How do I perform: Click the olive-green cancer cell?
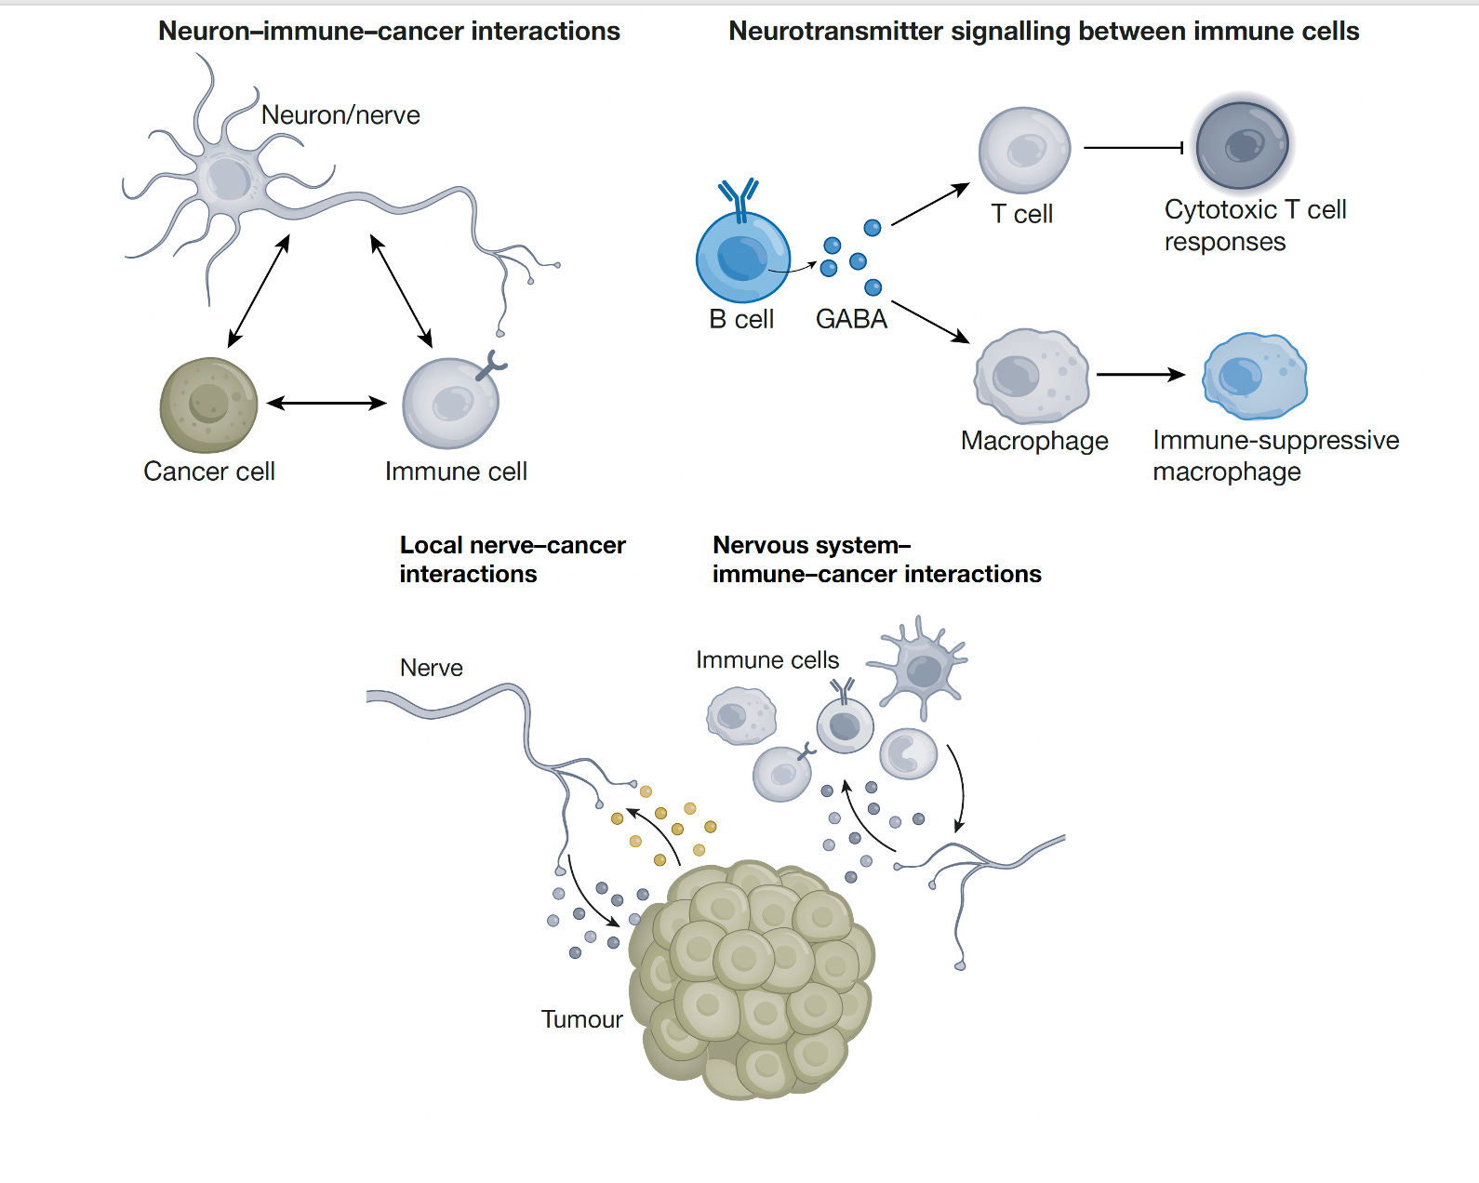pyautogui.click(x=208, y=405)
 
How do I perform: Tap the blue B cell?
pyautogui.click(x=742, y=258)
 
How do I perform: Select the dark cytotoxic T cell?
pyautogui.click(x=1242, y=146)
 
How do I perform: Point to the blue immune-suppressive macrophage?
pyautogui.click(x=1254, y=376)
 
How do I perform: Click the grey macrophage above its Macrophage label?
pyautogui.click(x=1031, y=376)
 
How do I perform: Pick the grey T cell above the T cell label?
pyautogui.click(x=1024, y=150)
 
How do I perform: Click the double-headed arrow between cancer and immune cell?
pyautogui.click(x=326, y=403)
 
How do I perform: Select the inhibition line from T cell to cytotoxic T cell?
pyautogui.click(x=1133, y=147)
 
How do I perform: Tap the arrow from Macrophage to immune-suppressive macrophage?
pyautogui.click(x=1140, y=375)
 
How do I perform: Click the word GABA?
pyautogui.click(x=851, y=319)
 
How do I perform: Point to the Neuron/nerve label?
pyautogui.click(x=340, y=115)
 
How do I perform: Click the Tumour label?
pyautogui.click(x=581, y=1019)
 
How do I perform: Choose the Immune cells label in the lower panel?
pyautogui.click(x=767, y=659)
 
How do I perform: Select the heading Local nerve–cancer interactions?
pyautogui.click(x=512, y=559)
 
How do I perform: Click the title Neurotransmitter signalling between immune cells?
pyautogui.click(x=1044, y=32)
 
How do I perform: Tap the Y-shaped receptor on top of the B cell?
pyautogui.click(x=739, y=197)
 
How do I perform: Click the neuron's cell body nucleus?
pyautogui.click(x=228, y=177)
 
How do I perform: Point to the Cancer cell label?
pyautogui.click(x=209, y=472)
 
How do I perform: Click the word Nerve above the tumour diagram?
pyautogui.click(x=431, y=668)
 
